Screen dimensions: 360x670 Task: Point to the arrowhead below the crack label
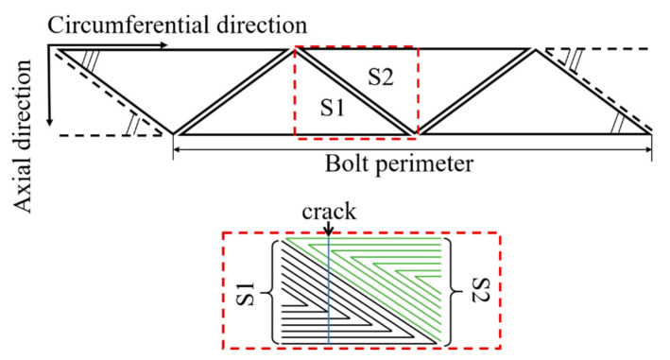[327, 234]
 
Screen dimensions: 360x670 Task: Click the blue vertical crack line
[327, 293]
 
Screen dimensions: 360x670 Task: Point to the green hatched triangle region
[406, 274]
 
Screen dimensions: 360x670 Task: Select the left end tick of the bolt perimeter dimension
[174, 147]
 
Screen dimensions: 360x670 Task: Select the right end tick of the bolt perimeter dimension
[651, 147]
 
